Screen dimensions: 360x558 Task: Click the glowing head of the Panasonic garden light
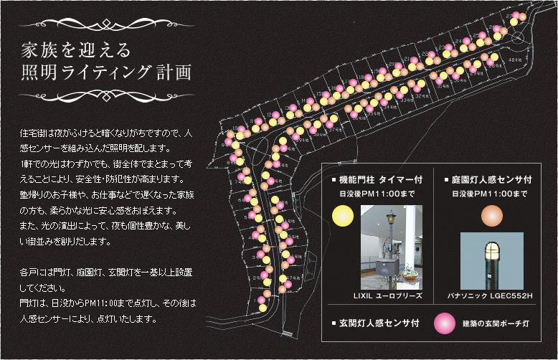pos(490,251)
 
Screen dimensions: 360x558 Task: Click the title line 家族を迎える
pos(75,50)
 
